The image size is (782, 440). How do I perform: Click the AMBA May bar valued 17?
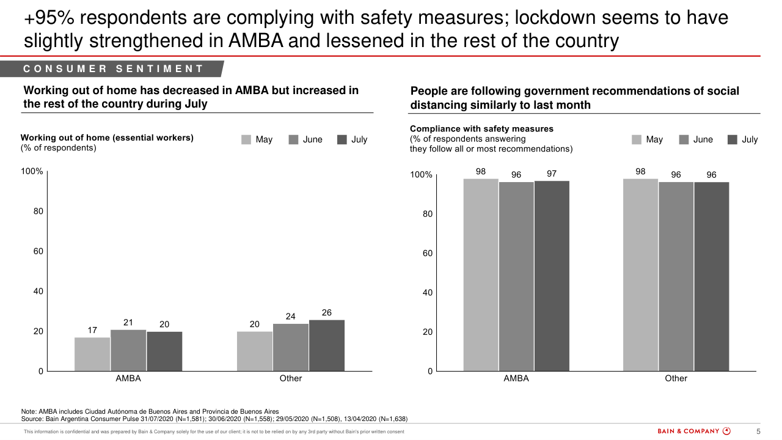pyautogui.click(x=92, y=354)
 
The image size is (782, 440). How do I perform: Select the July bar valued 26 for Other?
pyautogui.click(x=327, y=345)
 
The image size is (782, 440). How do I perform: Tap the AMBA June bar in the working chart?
pyautogui.click(x=128, y=350)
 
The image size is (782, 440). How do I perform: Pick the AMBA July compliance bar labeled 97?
pyautogui.click(x=552, y=276)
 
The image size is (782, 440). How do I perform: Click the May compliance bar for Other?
pyautogui.click(x=640, y=275)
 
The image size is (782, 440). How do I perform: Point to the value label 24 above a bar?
pyautogui.click(x=291, y=317)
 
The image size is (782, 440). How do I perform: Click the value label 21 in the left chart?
pyautogui.click(x=128, y=323)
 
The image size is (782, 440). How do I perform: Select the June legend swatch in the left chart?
pyautogui.click(x=293, y=139)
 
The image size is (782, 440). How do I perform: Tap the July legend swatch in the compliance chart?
pyautogui.click(x=733, y=139)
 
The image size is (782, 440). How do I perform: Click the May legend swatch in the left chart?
pyautogui.click(x=246, y=139)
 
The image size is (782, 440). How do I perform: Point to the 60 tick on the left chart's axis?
pyautogui.click(x=38, y=251)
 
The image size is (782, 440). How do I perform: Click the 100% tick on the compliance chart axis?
pyautogui.click(x=421, y=175)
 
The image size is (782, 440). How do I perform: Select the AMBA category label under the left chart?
pyautogui.click(x=128, y=378)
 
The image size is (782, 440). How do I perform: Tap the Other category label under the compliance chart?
pyautogui.click(x=676, y=378)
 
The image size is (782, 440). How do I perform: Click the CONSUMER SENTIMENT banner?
pyautogui.click(x=113, y=69)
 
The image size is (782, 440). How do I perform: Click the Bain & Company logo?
pyautogui.click(x=693, y=431)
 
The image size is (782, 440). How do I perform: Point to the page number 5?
pyautogui.click(x=758, y=431)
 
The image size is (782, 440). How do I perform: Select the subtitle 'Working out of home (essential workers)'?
pyautogui.click(x=107, y=137)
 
